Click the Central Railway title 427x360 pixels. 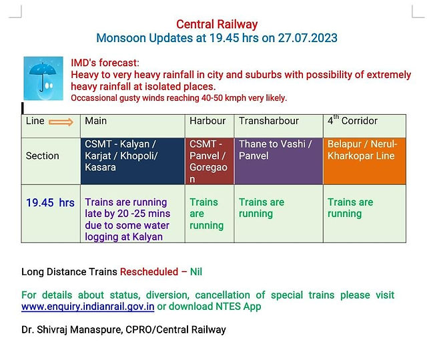tap(217, 25)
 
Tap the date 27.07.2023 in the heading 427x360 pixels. tap(308, 38)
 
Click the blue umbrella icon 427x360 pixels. tap(43, 78)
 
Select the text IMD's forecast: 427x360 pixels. tap(105, 63)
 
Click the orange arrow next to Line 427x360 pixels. tap(61, 122)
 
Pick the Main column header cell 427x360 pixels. tap(133, 126)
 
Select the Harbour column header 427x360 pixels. tap(209, 126)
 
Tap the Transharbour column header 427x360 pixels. tap(279, 126)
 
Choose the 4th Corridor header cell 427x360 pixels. tap(365, 126)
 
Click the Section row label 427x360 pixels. tap(42, 156)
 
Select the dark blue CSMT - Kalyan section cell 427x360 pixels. tap(133, 161)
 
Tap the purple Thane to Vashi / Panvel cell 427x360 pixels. tap(279, 161)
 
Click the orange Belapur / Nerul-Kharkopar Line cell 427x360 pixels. tap(365, 161)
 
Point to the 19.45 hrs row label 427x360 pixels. tap(50, 203)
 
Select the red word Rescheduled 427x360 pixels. tap(149, 272)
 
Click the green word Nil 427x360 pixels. tap(196, 272)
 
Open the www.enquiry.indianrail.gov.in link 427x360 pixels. tap(87, 307)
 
